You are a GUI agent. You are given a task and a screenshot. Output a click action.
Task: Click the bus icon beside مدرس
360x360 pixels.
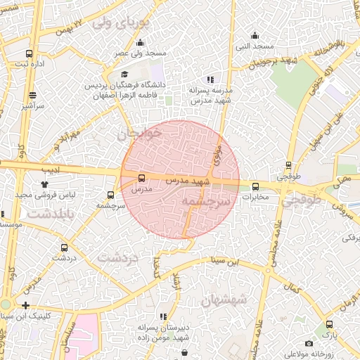pyautogui.click(x=142, y=178)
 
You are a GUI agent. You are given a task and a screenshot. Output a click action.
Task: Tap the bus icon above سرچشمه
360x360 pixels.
pyautogui.click(x=110, y=195)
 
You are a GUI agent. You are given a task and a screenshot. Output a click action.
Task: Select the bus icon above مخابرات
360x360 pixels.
pyautogui.click(x=255, y=187)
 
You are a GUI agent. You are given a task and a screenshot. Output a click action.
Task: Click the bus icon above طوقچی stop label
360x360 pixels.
pyautogui.click(x=288, y=167)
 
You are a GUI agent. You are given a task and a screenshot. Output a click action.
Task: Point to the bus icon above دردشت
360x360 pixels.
pyautogui.click(x=65, y=247)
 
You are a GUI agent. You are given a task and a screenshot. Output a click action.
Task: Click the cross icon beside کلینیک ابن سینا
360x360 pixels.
pyautogui.click(x=26, y=305)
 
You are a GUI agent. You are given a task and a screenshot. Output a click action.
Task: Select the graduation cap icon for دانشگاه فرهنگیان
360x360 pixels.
pyautogui.click(x=124, y=75)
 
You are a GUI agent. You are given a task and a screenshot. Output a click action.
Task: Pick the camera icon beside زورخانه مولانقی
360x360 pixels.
pyautogui.click(x=309, y=343)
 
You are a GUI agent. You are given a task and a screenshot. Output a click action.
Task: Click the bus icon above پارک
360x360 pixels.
pyautogui.click(x=328, y=325)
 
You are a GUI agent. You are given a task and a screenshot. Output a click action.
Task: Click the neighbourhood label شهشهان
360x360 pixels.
pyautogui.click(x=223, y=300)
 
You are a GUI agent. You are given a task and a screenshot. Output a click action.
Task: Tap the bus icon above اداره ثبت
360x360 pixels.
pyautogui.click(x=29, y=53)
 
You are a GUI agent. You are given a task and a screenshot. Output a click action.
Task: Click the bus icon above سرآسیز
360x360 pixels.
pyautogui.click(x=32, y=95)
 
